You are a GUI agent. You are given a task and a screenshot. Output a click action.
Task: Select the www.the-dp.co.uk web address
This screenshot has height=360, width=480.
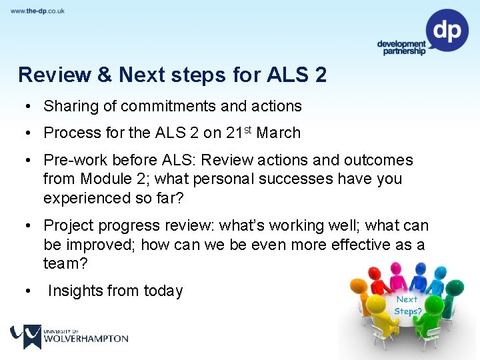pos(37,11)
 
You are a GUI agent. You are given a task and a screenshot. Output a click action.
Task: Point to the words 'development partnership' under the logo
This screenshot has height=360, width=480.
pos(401,48)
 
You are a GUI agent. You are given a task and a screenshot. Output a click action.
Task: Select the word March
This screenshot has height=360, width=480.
pos(279,133)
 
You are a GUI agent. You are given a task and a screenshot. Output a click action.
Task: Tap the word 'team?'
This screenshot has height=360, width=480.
pos(65,263)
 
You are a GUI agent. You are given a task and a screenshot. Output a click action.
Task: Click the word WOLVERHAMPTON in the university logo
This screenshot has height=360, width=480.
pos(85,338)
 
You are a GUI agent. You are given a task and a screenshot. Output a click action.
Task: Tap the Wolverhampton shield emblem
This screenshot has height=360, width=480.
pos(26,335)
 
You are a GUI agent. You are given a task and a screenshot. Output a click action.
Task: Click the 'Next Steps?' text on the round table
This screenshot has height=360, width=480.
pos(407,305)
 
